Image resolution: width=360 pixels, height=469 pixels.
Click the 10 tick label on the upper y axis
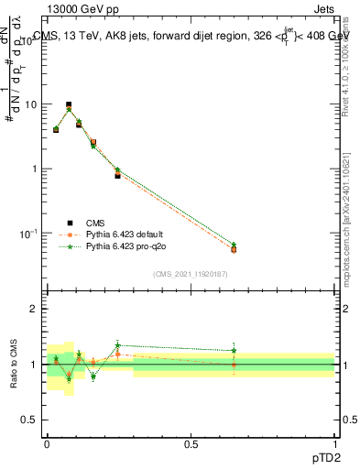[x=30, y=104]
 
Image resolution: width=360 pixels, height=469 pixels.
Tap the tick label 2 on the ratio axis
[x=35, y=309]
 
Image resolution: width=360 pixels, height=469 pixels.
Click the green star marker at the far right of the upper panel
[x=234, y=245]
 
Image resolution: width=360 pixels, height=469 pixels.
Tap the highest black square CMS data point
[x=68, y=105]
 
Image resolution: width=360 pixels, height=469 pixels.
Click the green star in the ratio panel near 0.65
[x=234, y=350]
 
